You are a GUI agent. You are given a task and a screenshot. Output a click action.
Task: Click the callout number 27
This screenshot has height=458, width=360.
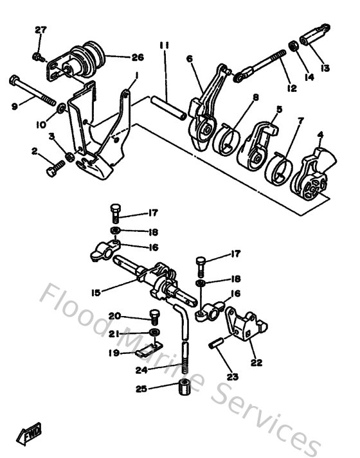click(x=40, y=30)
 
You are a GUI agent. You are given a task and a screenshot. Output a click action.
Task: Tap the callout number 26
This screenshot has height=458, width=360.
click(x=137, y=57)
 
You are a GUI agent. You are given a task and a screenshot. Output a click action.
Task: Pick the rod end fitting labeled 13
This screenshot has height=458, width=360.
click(x=316, y=33)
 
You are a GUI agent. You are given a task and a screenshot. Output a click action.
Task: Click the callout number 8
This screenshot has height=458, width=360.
click(x=255, y=98)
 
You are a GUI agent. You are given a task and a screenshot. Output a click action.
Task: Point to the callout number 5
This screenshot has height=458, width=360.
click(x=278, y=109)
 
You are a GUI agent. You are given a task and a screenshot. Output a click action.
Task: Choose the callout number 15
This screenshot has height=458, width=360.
click(x=96, y=292)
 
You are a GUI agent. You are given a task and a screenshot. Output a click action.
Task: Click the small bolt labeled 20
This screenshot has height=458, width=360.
click(x=154, y=316)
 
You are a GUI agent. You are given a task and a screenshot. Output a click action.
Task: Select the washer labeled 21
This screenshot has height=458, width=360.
click(x=154, y=332)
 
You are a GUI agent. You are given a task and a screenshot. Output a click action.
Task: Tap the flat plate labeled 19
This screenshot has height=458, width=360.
click(x=148, y=350)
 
